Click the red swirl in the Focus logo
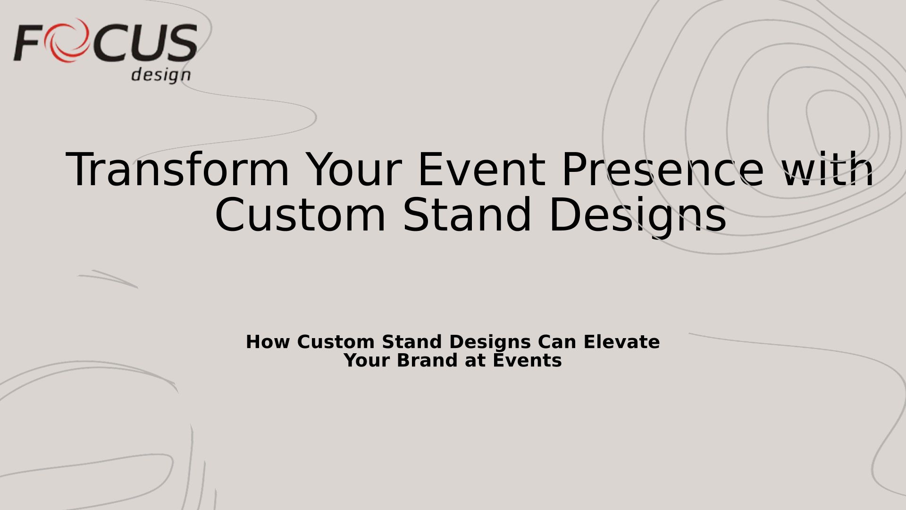point(67,40)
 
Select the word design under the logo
point(161,75)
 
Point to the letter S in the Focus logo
point(181,43)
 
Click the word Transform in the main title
point(177,170)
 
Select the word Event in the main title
point(481,170)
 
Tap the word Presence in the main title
point(663,170)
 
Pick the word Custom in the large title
point(300,215)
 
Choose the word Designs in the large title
point(638,216)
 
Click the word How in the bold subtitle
point(268,342)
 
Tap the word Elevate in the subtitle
point(621,342)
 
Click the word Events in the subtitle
point(527,360)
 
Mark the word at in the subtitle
point(476,361)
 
